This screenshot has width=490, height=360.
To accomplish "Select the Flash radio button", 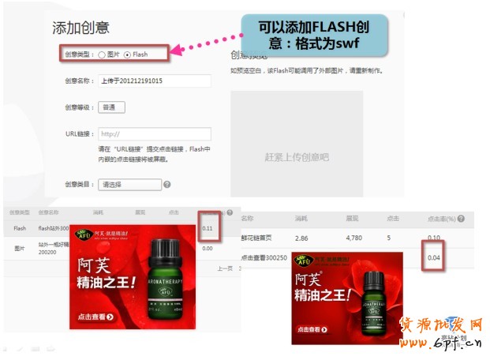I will pos(128,54).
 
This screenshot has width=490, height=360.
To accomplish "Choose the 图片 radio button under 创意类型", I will pos(102,54).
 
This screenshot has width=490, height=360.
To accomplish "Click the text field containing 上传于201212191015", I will pos(155,81).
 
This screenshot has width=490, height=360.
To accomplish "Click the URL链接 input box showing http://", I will pos(155,134).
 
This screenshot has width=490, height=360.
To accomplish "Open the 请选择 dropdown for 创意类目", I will pos(129,185).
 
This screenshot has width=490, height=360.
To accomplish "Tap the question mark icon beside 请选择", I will pos(167,185).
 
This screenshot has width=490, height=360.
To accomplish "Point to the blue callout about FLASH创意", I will pos(325,34).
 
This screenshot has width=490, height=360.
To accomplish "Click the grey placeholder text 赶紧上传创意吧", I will pos(297,158).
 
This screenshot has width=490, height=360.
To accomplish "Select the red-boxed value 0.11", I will pos(208,228).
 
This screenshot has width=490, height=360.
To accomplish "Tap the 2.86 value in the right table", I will pos(301,237).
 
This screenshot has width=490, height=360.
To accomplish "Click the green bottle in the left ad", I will pos(163,281).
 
